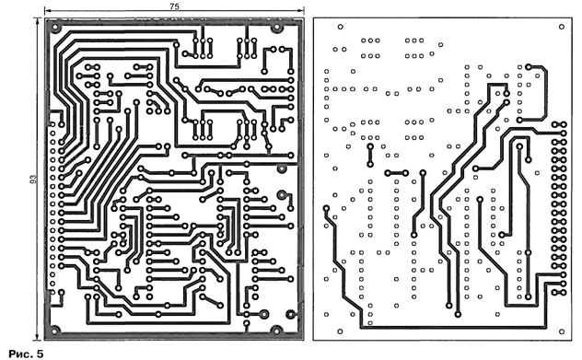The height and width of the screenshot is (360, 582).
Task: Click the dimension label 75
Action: [x=174, y=6]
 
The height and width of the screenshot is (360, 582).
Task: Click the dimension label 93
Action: [x=33, y=180]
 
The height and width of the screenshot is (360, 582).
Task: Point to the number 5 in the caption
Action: [x=40, y=354]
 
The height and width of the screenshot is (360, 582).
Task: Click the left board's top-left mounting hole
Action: [x=55, y=28]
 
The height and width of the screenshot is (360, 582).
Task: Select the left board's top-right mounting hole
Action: [x=276, y=27]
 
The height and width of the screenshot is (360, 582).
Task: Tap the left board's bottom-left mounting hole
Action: [x=54, y=330]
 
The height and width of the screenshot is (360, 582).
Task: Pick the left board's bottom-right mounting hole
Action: [x=275, y=330]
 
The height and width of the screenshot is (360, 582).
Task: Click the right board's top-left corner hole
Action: [x=340, y=27]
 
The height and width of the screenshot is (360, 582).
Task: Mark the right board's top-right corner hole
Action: [x=561, y=27]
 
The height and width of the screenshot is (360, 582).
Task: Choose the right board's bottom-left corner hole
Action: [x=340, y=331]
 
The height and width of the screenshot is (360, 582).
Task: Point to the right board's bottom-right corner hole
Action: [x=561, y=331]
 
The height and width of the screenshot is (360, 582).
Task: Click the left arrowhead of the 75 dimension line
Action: [x=47, y=11]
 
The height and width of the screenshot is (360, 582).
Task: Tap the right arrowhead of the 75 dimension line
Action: [x=301, y=11]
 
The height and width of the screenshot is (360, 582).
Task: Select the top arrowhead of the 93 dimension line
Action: [x=37, y=22]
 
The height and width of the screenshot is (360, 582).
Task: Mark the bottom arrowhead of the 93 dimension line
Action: [x=37, y=337]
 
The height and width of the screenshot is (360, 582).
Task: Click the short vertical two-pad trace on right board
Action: [x=370, y=156]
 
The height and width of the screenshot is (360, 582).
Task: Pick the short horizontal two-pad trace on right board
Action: [x=396, y=173]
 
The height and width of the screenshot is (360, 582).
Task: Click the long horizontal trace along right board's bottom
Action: [x=453, y=328]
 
